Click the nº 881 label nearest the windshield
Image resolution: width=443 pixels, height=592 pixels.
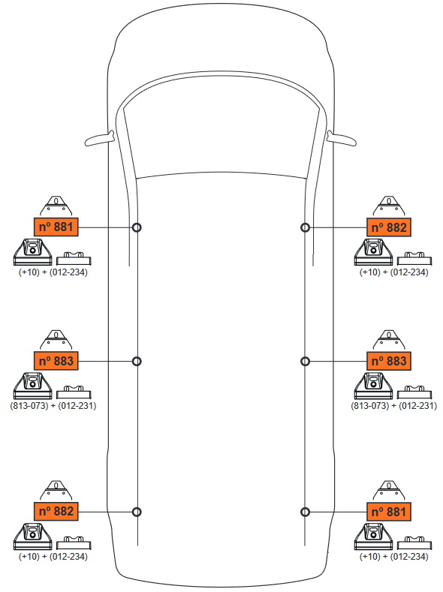pos(56,227)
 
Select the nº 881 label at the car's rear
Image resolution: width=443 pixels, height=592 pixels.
pos(389,512)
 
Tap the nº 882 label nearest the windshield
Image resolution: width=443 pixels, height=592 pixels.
pos(389,227)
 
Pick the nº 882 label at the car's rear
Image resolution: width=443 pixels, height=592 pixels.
pos(56,511)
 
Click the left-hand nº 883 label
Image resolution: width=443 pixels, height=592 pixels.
pos(56,361)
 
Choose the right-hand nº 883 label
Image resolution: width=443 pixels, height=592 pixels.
pos(389,361)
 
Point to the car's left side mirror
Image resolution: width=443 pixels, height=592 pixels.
pos(100,139)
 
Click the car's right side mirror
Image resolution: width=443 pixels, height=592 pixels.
pos(342,139)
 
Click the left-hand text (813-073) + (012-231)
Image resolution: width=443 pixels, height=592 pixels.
pos(53,406)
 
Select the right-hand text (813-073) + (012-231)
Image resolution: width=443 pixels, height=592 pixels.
pos(394,406)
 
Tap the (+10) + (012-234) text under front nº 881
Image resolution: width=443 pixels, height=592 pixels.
pos(53,272)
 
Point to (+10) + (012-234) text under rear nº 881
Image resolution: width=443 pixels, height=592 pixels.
pos(394,557)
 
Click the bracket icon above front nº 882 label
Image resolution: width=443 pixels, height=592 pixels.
pos(389,206)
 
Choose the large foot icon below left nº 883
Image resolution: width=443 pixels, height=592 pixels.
pos(33,386)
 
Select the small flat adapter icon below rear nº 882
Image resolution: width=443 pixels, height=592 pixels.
pos(74,542)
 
